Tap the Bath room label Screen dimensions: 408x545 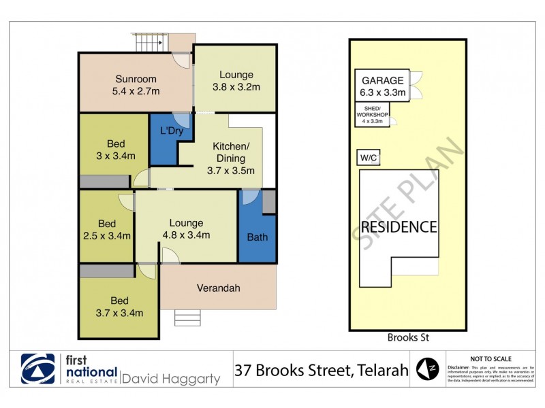coord(257,237)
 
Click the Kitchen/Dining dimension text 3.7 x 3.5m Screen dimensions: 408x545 coord(231,171)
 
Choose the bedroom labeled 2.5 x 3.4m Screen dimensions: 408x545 coord(106,229)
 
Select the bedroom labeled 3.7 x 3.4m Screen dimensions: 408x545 coord(119,307)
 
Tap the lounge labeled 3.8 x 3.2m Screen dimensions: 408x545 coord(236,80)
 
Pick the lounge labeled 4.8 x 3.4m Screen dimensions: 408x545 coord(186,229)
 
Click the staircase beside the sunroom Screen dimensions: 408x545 coord(151,43)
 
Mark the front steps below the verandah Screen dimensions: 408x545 coord(188,318)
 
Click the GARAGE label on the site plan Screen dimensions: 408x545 coord(382,86)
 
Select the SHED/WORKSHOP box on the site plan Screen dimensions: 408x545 coord(372,114)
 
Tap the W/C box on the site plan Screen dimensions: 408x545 coord(369,158)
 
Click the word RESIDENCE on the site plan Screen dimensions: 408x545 coord(399,226)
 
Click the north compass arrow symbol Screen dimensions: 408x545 coord(427,369)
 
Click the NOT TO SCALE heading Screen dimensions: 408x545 coord(491,358)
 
